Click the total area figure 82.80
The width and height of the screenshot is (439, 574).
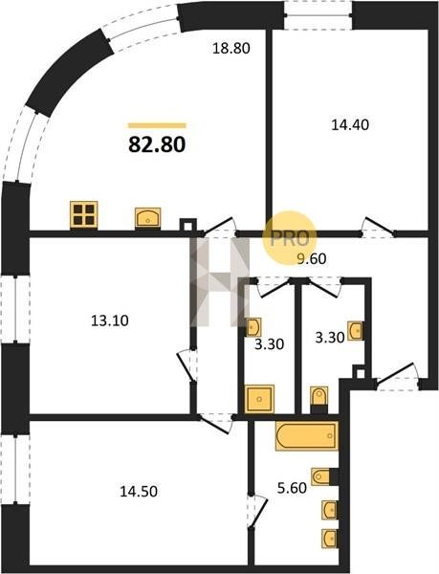(x=157, y=144)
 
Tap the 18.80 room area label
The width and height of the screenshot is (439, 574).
(x=231, y=49)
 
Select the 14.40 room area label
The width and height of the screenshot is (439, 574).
(x=350, y=125)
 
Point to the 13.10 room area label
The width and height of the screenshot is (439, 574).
(x=110, y=321)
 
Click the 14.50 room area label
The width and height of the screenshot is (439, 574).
(x=139, y=492)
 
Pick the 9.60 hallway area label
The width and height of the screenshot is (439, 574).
(x=312, y=259)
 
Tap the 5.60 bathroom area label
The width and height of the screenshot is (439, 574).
(x=292, y=488)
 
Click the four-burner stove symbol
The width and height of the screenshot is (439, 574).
(x=84, y=215)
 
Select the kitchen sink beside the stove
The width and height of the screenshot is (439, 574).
(x=148, y=217)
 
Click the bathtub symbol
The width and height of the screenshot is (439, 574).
(x=307, y=435)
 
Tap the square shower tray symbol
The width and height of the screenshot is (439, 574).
(x=259, y=399)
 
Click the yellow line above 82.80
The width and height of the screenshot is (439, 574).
(x=157, y=125)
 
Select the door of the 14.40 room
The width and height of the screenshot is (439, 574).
(x=378, y=228)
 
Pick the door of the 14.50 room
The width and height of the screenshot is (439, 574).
(x=216, y=424)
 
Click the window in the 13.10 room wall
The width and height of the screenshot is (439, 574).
(x=15, y=309)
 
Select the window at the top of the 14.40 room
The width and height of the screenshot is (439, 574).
(x=318, y=15)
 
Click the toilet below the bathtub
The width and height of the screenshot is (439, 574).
(x=324, y=476)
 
